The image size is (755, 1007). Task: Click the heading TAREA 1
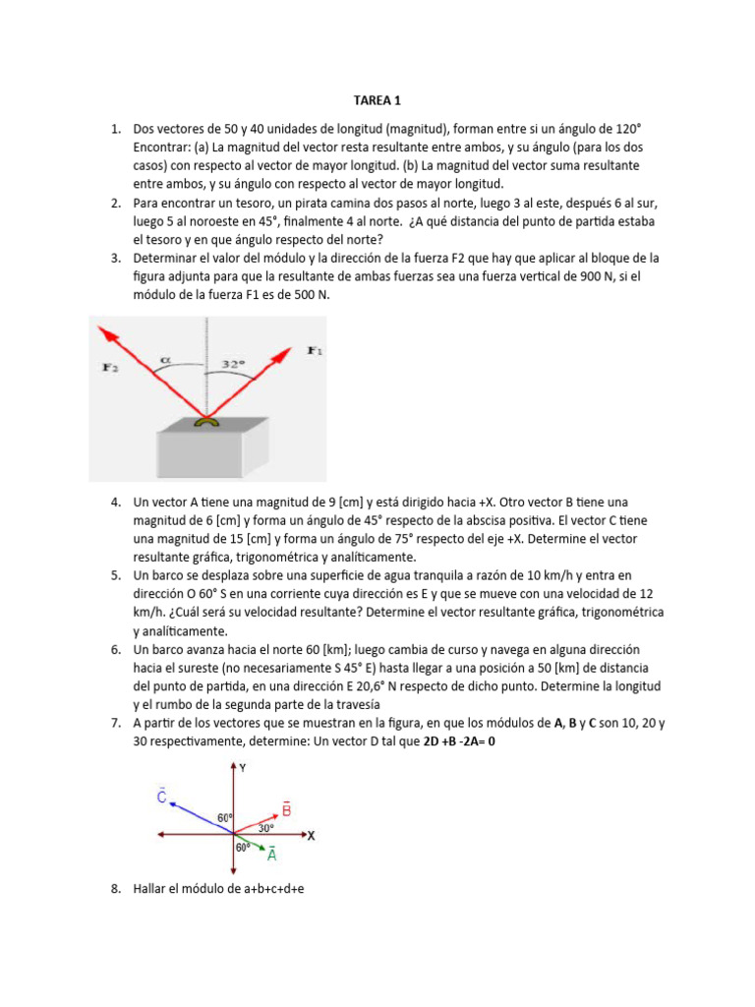377,100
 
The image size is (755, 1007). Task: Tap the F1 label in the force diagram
315,350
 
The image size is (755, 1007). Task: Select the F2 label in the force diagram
110,367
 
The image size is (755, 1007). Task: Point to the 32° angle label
232,364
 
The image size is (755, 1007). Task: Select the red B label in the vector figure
286,808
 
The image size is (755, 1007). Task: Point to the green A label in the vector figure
271,855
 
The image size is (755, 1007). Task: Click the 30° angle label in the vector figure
265,828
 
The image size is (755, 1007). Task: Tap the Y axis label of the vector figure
243,769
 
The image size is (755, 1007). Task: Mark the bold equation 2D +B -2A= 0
459,741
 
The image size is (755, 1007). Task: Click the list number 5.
115,575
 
